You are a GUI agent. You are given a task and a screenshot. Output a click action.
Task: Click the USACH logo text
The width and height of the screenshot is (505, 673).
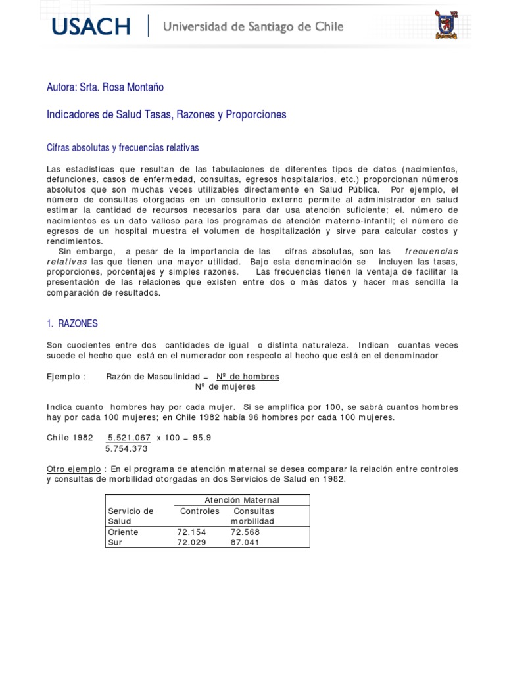tap(91, 27)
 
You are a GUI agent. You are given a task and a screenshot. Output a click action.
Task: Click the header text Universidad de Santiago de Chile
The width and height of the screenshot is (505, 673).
tap(252, 27)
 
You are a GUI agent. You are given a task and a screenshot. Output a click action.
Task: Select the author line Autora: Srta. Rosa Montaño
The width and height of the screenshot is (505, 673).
tap(105, 87)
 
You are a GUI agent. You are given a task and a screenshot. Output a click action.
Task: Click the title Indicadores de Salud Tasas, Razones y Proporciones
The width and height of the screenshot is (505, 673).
tap(166, 114)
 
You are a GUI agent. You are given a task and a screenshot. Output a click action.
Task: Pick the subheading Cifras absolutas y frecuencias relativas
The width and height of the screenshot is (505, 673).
tap(122, 148)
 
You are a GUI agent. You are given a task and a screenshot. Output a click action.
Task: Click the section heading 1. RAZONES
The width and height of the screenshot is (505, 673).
tap(72, 324)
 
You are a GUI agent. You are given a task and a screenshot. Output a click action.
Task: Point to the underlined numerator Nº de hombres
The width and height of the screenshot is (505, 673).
tap(248, 377)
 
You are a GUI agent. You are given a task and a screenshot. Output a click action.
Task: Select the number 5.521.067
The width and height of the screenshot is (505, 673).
tap(130, 438)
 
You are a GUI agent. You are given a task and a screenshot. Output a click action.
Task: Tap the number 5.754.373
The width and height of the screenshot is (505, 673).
tap(126, 449)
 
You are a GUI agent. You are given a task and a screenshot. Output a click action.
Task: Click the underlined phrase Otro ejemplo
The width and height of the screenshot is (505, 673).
tap(74, 469)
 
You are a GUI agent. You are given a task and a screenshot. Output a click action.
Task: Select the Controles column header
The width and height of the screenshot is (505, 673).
tap(200, 511)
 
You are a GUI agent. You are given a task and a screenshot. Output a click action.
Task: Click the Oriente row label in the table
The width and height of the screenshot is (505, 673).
tap(123, 532)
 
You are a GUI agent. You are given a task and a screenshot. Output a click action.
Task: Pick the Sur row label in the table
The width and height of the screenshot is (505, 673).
tap(115, 542)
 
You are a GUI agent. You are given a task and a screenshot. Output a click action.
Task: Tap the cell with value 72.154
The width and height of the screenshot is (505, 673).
tap(191, 532)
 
